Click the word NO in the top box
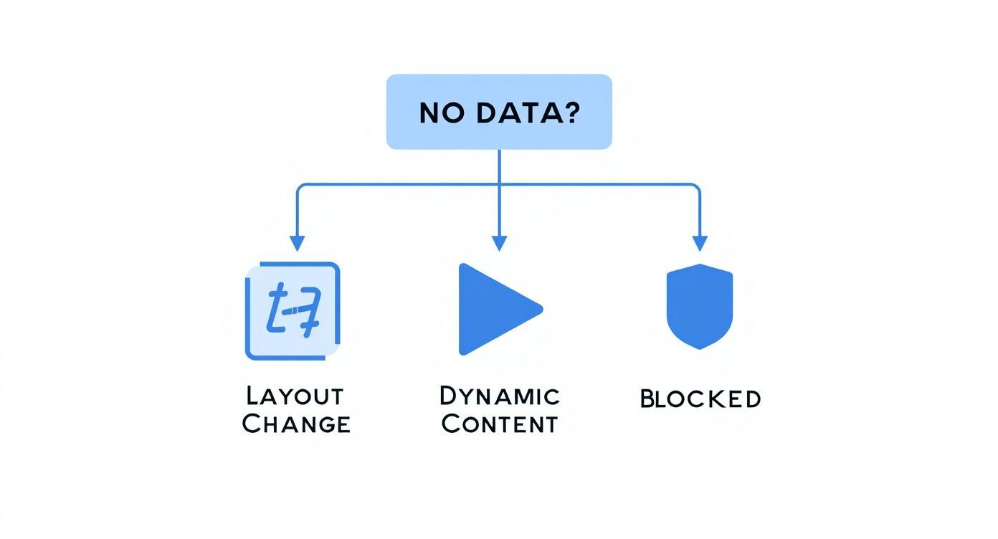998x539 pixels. [x=439, y=113]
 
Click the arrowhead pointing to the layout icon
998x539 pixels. [x=297, y=243]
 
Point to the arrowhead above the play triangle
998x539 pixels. [x=499, y=243]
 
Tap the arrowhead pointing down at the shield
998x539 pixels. [x=700, y=243]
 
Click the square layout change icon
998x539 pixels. [x=293, y=311]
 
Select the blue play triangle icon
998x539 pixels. [x=495, y=309]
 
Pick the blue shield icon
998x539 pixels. [x=700, y=307]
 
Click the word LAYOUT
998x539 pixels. [x=295, y=396]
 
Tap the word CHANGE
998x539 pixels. [x=296, y=424]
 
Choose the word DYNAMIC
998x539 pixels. [x=499, y=396]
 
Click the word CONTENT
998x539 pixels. [x=499, y=424]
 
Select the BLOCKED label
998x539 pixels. [x=700, y=399]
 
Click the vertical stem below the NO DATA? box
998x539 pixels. [x=499, y=166]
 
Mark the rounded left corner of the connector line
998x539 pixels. [x=300, y=187]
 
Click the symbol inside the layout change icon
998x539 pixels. [x=293, y=311]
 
